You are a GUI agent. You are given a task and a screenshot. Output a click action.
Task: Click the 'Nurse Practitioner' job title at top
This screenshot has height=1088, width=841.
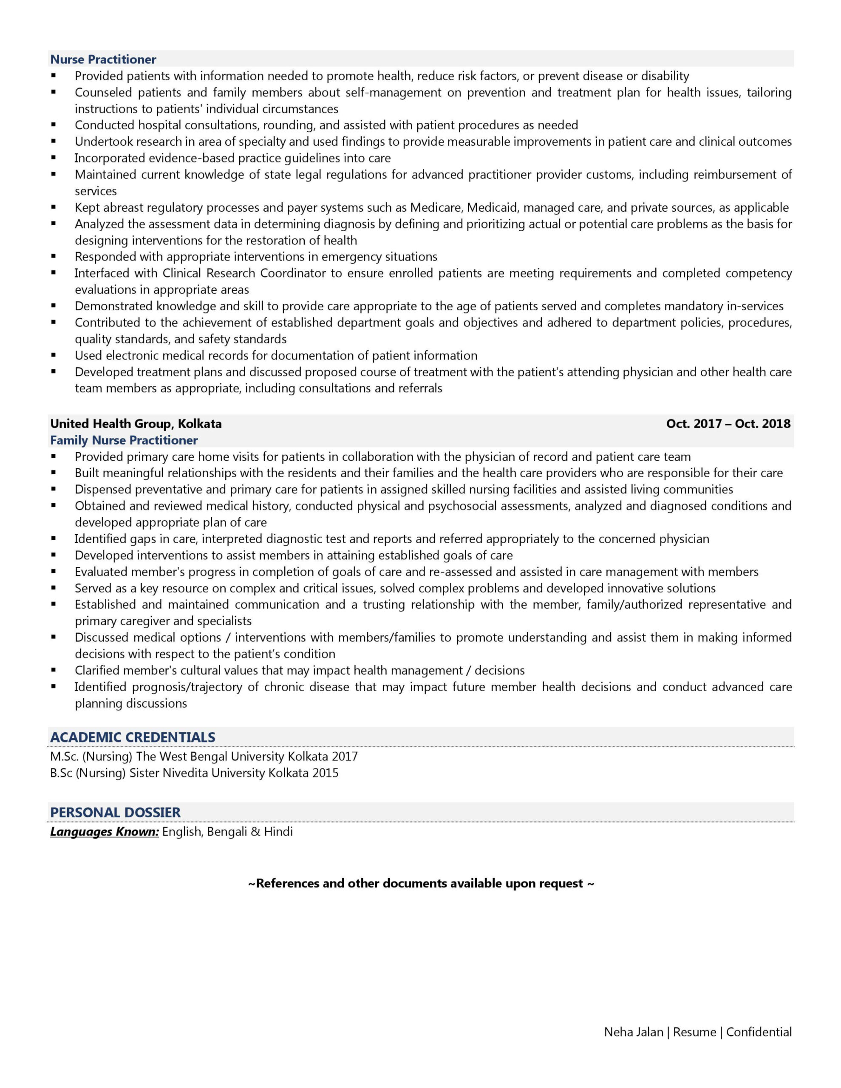(103, 59)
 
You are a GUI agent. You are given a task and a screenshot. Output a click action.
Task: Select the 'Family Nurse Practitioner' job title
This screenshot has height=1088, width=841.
(124, 440)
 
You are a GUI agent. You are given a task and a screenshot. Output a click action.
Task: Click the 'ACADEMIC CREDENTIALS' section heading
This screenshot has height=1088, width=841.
(133, 737)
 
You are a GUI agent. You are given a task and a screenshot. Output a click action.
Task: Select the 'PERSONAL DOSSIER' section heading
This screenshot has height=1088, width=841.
(115, 813)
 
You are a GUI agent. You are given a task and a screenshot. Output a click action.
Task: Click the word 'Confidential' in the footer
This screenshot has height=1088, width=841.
(759, 1032)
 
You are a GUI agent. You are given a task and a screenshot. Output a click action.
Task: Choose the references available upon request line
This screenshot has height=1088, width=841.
(421, 883)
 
